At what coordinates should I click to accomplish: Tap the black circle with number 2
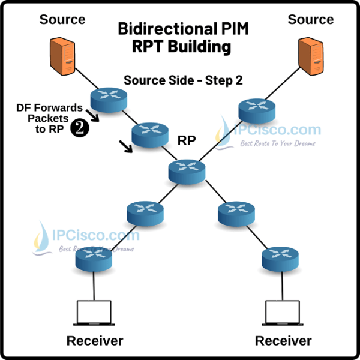(80, 128)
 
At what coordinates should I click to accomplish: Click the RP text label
(188, 140)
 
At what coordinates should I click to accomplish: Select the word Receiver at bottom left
(94, 341)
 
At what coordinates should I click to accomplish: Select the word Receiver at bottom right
(283, 341)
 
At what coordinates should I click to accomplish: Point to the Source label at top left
(62, 19)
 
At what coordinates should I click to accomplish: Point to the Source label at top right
(310, 19)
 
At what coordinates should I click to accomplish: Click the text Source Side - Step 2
(182, 80)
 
